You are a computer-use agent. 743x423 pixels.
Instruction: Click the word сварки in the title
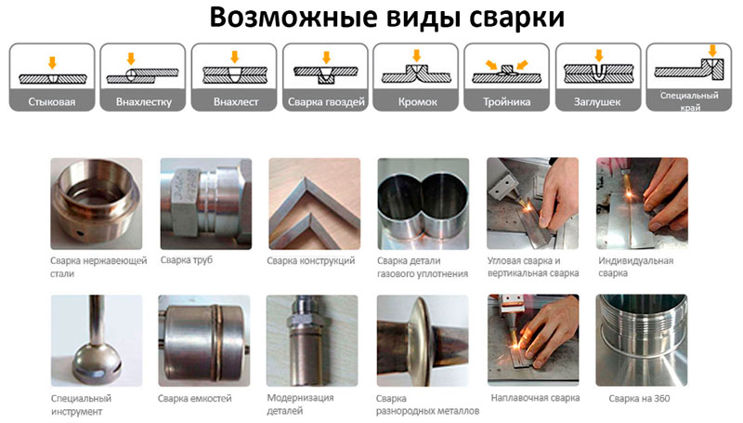click(517, 18)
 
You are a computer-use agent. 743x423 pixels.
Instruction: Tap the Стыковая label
click(52, 102)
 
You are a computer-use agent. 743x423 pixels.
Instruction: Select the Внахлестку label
click(144, 102)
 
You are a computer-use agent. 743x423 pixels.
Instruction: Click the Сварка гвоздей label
click(326, 102)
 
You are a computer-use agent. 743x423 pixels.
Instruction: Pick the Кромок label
click(417, 102)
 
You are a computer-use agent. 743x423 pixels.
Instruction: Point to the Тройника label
click(506, 102)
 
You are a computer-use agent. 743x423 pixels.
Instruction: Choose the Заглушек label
click(597, 102)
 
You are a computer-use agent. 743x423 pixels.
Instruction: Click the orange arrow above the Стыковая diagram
click(52, 62)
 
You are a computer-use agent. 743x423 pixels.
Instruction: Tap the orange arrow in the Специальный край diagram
click(712, 50)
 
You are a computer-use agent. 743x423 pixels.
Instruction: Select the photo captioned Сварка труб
click(206, 204)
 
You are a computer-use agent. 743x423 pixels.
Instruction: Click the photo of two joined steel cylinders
click(424, 204)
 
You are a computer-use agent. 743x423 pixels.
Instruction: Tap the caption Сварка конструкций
click(310, 261)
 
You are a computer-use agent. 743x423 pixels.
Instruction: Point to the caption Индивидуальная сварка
click(635, 267)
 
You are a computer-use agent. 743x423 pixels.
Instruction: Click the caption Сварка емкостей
click(195, 398)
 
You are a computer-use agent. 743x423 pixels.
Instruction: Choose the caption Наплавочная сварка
click(535, 398)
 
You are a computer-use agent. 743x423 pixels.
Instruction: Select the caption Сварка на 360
click(639, 398)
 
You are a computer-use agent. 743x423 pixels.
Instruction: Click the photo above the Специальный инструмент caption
click(97, 340)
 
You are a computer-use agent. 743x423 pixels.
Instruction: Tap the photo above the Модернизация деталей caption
click(312, 340)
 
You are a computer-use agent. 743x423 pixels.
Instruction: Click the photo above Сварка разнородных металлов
click(423, 340)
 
